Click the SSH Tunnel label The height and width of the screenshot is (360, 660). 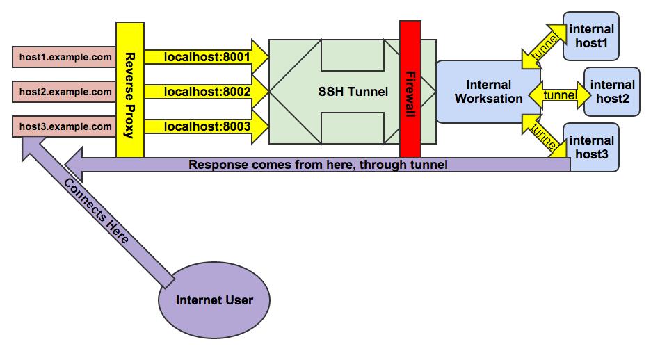click(353, 90)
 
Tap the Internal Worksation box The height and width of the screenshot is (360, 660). click(488, 92)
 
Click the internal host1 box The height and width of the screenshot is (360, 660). click(591, 35)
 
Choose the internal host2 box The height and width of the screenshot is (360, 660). click(612, 92)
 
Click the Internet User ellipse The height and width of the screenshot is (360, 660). click(214, 301)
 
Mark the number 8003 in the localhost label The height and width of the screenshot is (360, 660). click(235, 126)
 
